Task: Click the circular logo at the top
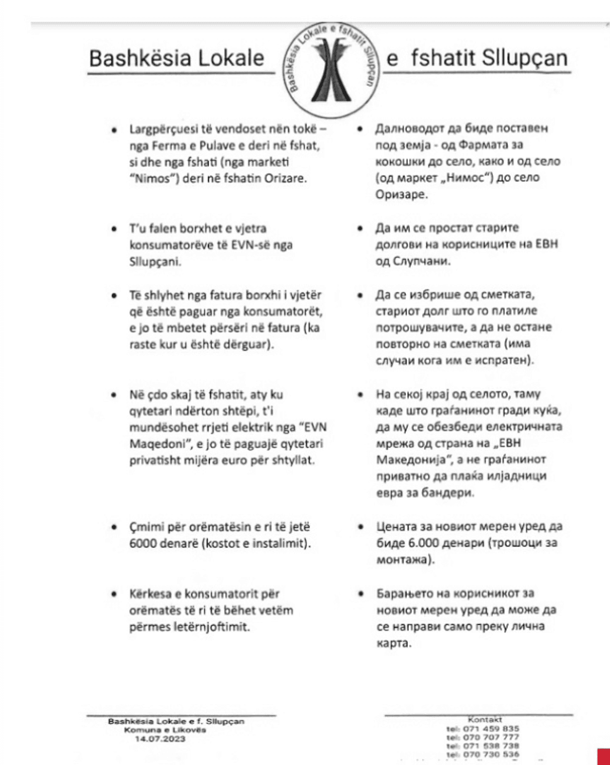[330, 62]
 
